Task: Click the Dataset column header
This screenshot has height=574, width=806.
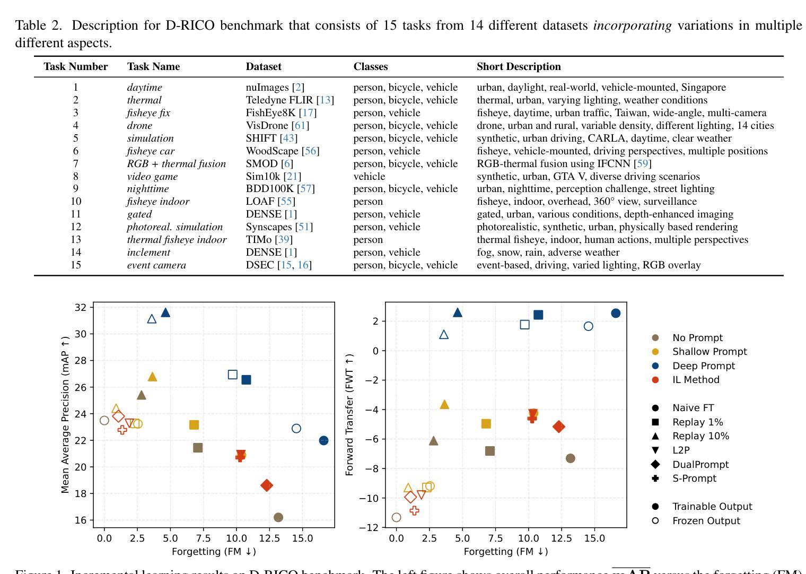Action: [x=264, y=67]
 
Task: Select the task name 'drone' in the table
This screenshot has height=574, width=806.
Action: [x=139, y=126]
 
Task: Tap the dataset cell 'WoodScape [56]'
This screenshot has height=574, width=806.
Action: [x=282, y=151]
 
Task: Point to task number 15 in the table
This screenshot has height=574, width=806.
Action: [x=76, y=265]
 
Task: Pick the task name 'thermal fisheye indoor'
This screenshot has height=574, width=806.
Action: [x=177, y=240]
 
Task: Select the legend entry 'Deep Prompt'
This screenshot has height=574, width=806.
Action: [x=703, y=366]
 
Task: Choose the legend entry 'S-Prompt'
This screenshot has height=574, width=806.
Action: [x=694, y=479]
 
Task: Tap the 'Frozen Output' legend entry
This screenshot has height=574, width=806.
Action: [x=706, y=521]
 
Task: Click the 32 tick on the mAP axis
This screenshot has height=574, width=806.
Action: [x=81, y=308]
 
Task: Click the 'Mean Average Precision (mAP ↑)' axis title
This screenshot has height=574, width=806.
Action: [x=65, y=414]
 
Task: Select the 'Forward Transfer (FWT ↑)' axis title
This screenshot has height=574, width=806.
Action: [x=349, y=414]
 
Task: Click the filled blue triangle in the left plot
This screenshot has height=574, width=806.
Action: [x=165, y=312]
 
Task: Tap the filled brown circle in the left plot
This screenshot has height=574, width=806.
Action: [x=278, y=517]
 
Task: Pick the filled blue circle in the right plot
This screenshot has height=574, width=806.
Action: [x=616, y=314]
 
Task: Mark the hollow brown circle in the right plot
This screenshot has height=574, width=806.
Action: [x=396, y=517]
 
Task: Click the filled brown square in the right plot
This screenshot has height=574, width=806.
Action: [x=490, y=451]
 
